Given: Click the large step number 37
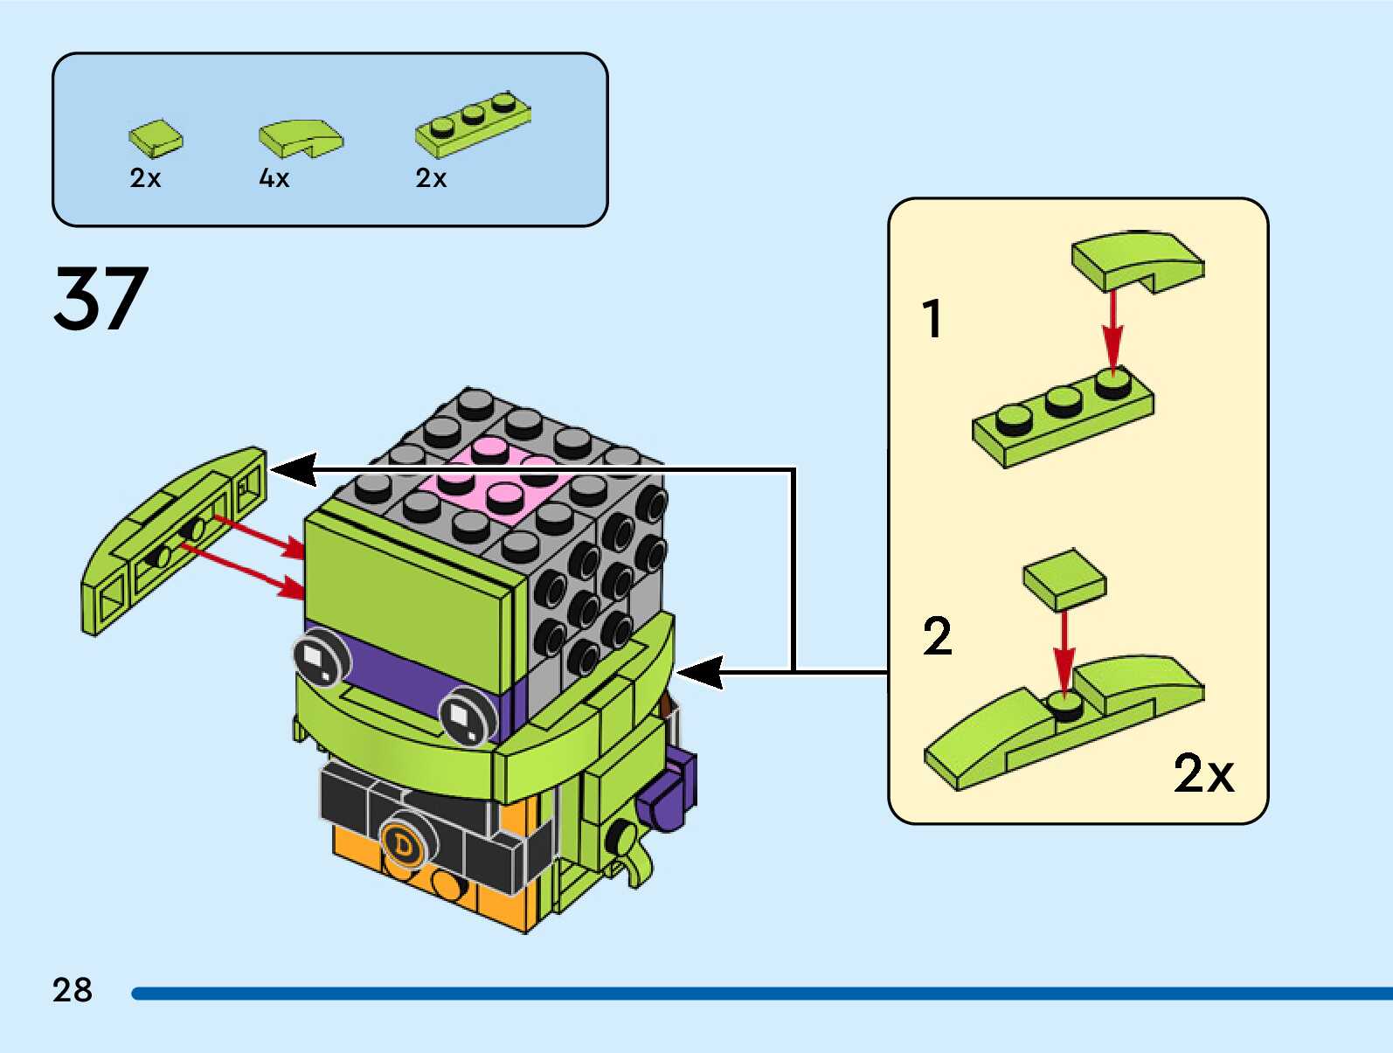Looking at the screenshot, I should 100,298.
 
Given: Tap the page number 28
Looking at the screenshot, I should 72,990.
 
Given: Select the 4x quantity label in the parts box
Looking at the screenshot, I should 274,178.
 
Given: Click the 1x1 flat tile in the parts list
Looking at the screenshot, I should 156,138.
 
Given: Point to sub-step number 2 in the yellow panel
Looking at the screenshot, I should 937,636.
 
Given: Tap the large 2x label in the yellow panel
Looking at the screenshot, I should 1202,772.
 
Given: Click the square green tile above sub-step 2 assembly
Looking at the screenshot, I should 1064,578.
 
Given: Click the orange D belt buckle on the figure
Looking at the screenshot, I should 403,844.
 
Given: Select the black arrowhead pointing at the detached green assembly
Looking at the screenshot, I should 295,470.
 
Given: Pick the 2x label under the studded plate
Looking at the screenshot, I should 431,178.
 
